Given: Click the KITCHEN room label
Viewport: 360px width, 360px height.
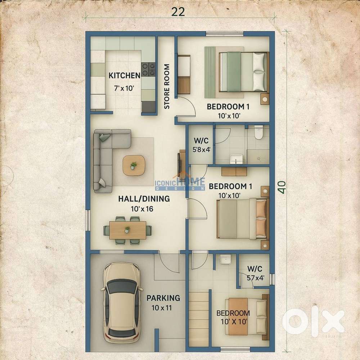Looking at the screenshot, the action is coord(124,76).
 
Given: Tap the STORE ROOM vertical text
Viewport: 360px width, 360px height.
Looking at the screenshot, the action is coord(167,86).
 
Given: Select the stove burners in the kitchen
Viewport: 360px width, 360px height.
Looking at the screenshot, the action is coord(148,69).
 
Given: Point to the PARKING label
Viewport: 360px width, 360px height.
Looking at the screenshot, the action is coord(163,298).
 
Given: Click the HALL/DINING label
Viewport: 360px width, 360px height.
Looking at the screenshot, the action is coord(144,199).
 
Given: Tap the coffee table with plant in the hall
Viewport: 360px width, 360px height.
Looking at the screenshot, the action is coord(134,166).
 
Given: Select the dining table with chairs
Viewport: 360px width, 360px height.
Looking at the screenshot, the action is coord(127,230).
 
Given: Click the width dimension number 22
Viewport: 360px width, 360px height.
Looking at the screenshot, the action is coord(178,12).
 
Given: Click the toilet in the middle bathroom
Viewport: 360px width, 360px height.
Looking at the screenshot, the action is coord(258,132).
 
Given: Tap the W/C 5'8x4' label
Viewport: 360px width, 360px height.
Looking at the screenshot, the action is coord(201,145).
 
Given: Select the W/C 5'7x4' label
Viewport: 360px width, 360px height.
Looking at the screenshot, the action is coord(255,273).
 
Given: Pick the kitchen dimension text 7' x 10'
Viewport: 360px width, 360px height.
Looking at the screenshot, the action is coord(124,88).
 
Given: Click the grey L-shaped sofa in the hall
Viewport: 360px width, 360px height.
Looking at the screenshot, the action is coord(107,161).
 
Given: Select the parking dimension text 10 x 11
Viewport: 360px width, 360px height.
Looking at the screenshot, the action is coord(162,308).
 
